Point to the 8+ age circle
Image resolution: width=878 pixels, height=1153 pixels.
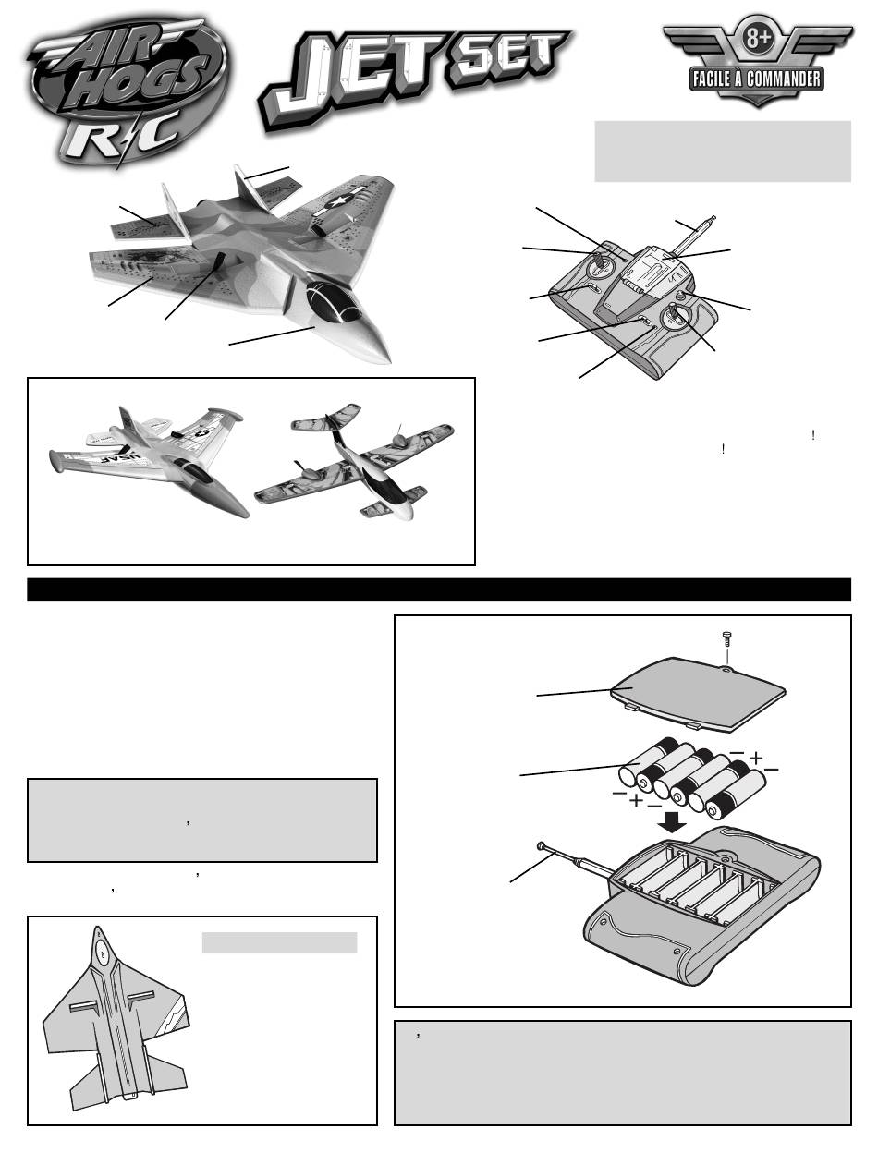pyautogui.click(x=757, y=39)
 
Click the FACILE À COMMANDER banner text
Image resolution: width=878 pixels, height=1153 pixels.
pyautogui.click(x=757, y=79)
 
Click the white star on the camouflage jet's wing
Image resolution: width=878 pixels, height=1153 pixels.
pyautogui.click(x=339, y=200)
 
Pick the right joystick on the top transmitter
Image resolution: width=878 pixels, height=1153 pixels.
pyautogui.click(x=677, y=315)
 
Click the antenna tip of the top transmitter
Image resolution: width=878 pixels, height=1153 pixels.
pyautogui.click(x=712, y=217)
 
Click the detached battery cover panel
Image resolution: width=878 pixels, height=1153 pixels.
pyautogui.click(x=698, y=692)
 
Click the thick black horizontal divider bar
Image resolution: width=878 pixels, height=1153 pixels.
pyautogui.click(x=439, y=589)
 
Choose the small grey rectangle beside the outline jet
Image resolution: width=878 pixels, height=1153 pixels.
pyautogui.click(x=279, y=942)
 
